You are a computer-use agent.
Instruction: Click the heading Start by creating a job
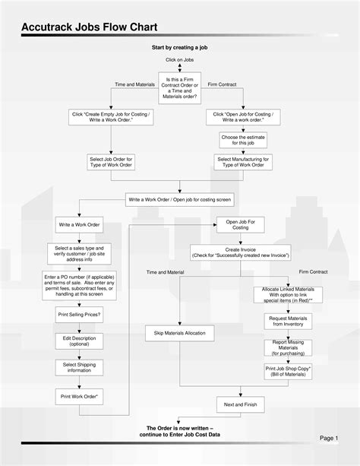[179, 47]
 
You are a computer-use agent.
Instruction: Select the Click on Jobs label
[179, 59]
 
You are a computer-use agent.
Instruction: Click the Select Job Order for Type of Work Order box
[112, 162]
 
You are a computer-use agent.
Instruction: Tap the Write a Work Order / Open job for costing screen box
[179, 199]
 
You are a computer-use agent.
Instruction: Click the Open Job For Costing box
[240, 224]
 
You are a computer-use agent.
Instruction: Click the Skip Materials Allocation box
[179, 333]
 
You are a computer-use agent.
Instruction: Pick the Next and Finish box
[240, 404]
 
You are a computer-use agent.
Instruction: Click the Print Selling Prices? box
[79, 314]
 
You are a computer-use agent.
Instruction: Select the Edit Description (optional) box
[79, 341]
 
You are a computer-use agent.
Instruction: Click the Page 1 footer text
[328, 439]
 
